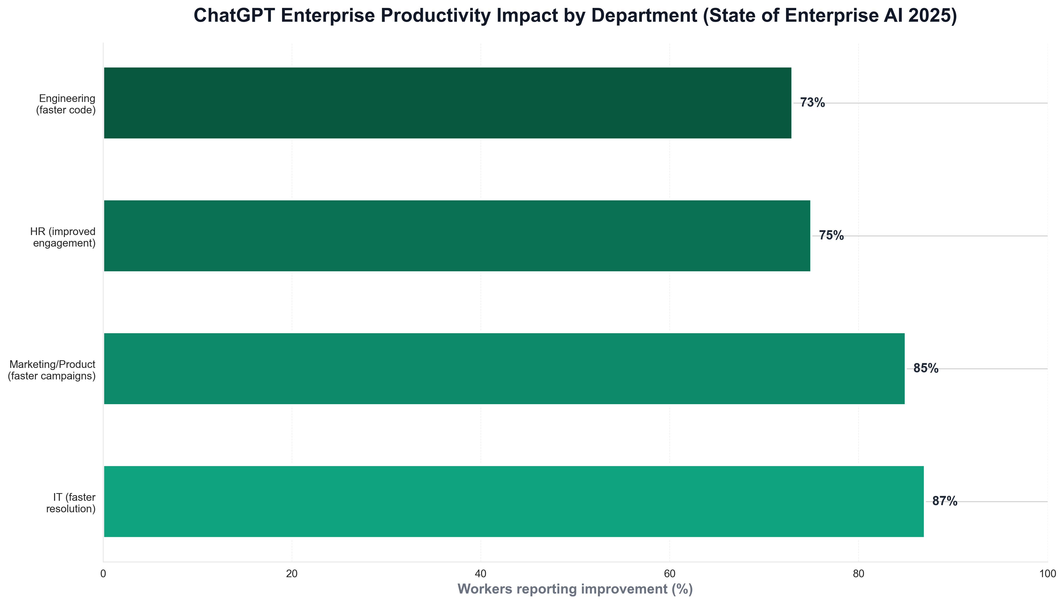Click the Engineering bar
[x=447, y=103]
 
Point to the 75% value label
[x=831, y=236]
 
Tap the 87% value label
[x=945, y=501]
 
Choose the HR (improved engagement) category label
[x=63, y=237]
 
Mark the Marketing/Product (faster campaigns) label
[x=52, y=370]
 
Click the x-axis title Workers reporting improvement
[x=575, y=589]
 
